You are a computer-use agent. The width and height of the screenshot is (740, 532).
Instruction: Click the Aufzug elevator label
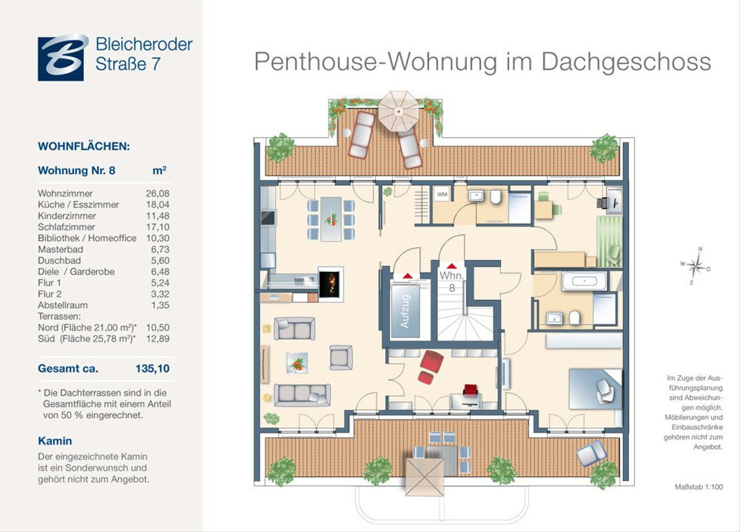(406, 311)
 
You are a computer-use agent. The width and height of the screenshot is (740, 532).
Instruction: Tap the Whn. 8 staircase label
(451, 281)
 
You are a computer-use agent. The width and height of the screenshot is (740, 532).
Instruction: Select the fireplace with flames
(331, 284)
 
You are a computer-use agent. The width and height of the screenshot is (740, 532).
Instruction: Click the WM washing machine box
(442, 194)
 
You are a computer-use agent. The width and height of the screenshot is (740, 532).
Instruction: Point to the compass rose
(696, 265)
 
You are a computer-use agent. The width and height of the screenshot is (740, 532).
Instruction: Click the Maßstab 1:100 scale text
(699, 487)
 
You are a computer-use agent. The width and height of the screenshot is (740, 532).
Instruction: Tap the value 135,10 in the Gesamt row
(152, 368)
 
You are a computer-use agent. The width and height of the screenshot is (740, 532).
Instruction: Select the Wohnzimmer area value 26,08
(158, 193)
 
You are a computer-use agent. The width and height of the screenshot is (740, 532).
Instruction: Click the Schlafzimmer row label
(66, 227)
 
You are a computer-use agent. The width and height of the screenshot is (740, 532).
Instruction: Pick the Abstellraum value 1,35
(160, 305)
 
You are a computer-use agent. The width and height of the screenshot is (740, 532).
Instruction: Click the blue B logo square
(61, 58)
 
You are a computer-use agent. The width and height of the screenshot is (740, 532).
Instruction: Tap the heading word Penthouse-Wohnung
(376, 62)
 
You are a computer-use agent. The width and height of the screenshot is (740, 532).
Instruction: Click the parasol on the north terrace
(399, 111)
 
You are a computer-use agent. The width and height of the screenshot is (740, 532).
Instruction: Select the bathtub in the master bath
(584, 281)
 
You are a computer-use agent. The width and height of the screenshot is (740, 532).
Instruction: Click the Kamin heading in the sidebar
(55, 441)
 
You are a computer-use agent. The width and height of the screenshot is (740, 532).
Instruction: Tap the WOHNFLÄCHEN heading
(84, 146)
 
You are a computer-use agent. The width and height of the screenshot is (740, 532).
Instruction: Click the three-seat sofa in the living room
(302, 395)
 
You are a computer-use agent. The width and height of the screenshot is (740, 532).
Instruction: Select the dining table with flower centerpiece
(331, 219)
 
